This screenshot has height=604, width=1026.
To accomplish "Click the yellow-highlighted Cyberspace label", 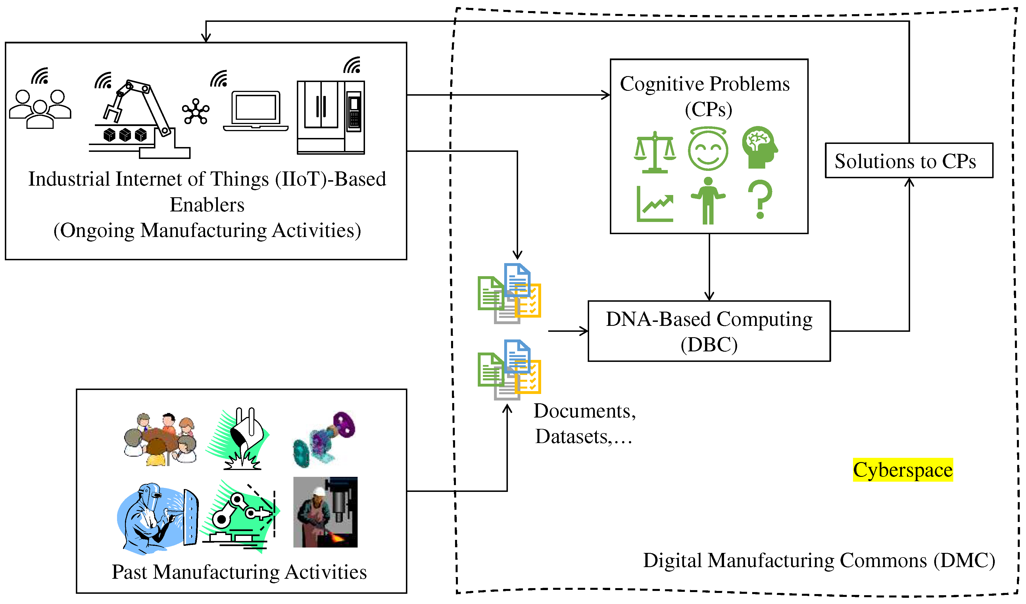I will tap(903, 470).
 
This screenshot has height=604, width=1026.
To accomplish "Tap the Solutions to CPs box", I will tap(908, 161).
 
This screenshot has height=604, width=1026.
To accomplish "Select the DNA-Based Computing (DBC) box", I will tap(709, 331).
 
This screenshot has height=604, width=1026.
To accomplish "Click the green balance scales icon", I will tap(654, 152).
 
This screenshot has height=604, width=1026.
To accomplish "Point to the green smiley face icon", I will tap(708, 149).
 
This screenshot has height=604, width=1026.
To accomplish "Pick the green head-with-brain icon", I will tap(759, 147).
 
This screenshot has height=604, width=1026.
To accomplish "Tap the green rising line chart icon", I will tap(654, 204).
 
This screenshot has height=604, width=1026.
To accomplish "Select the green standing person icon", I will tap(708, 201).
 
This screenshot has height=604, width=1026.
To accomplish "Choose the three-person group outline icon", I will tap(40, 109).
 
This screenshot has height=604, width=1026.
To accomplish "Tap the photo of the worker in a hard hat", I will tap(325, 512).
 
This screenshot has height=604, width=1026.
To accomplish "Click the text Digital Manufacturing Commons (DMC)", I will tap(819, 561).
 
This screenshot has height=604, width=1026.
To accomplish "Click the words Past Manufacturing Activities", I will tap(239, 572).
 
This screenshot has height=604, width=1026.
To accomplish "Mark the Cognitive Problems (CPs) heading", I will tap(705, 96).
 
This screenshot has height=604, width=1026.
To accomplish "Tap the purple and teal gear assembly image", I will tap(324, 439).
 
